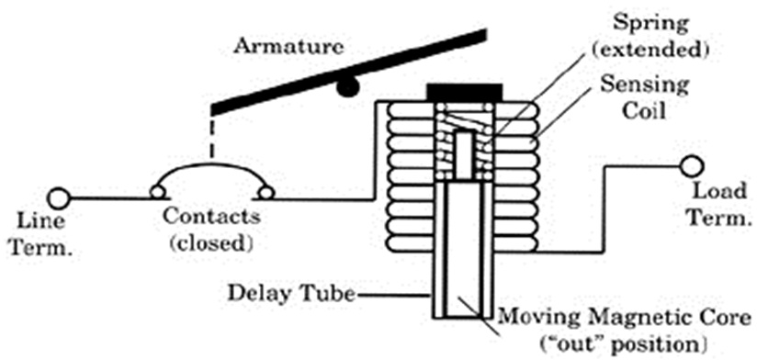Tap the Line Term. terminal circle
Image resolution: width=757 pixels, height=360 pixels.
[59, 197]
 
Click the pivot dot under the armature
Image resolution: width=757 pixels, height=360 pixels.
[346, 87]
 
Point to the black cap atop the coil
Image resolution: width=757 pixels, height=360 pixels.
[463, 94]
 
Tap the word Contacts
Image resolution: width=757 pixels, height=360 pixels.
[209, 220]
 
